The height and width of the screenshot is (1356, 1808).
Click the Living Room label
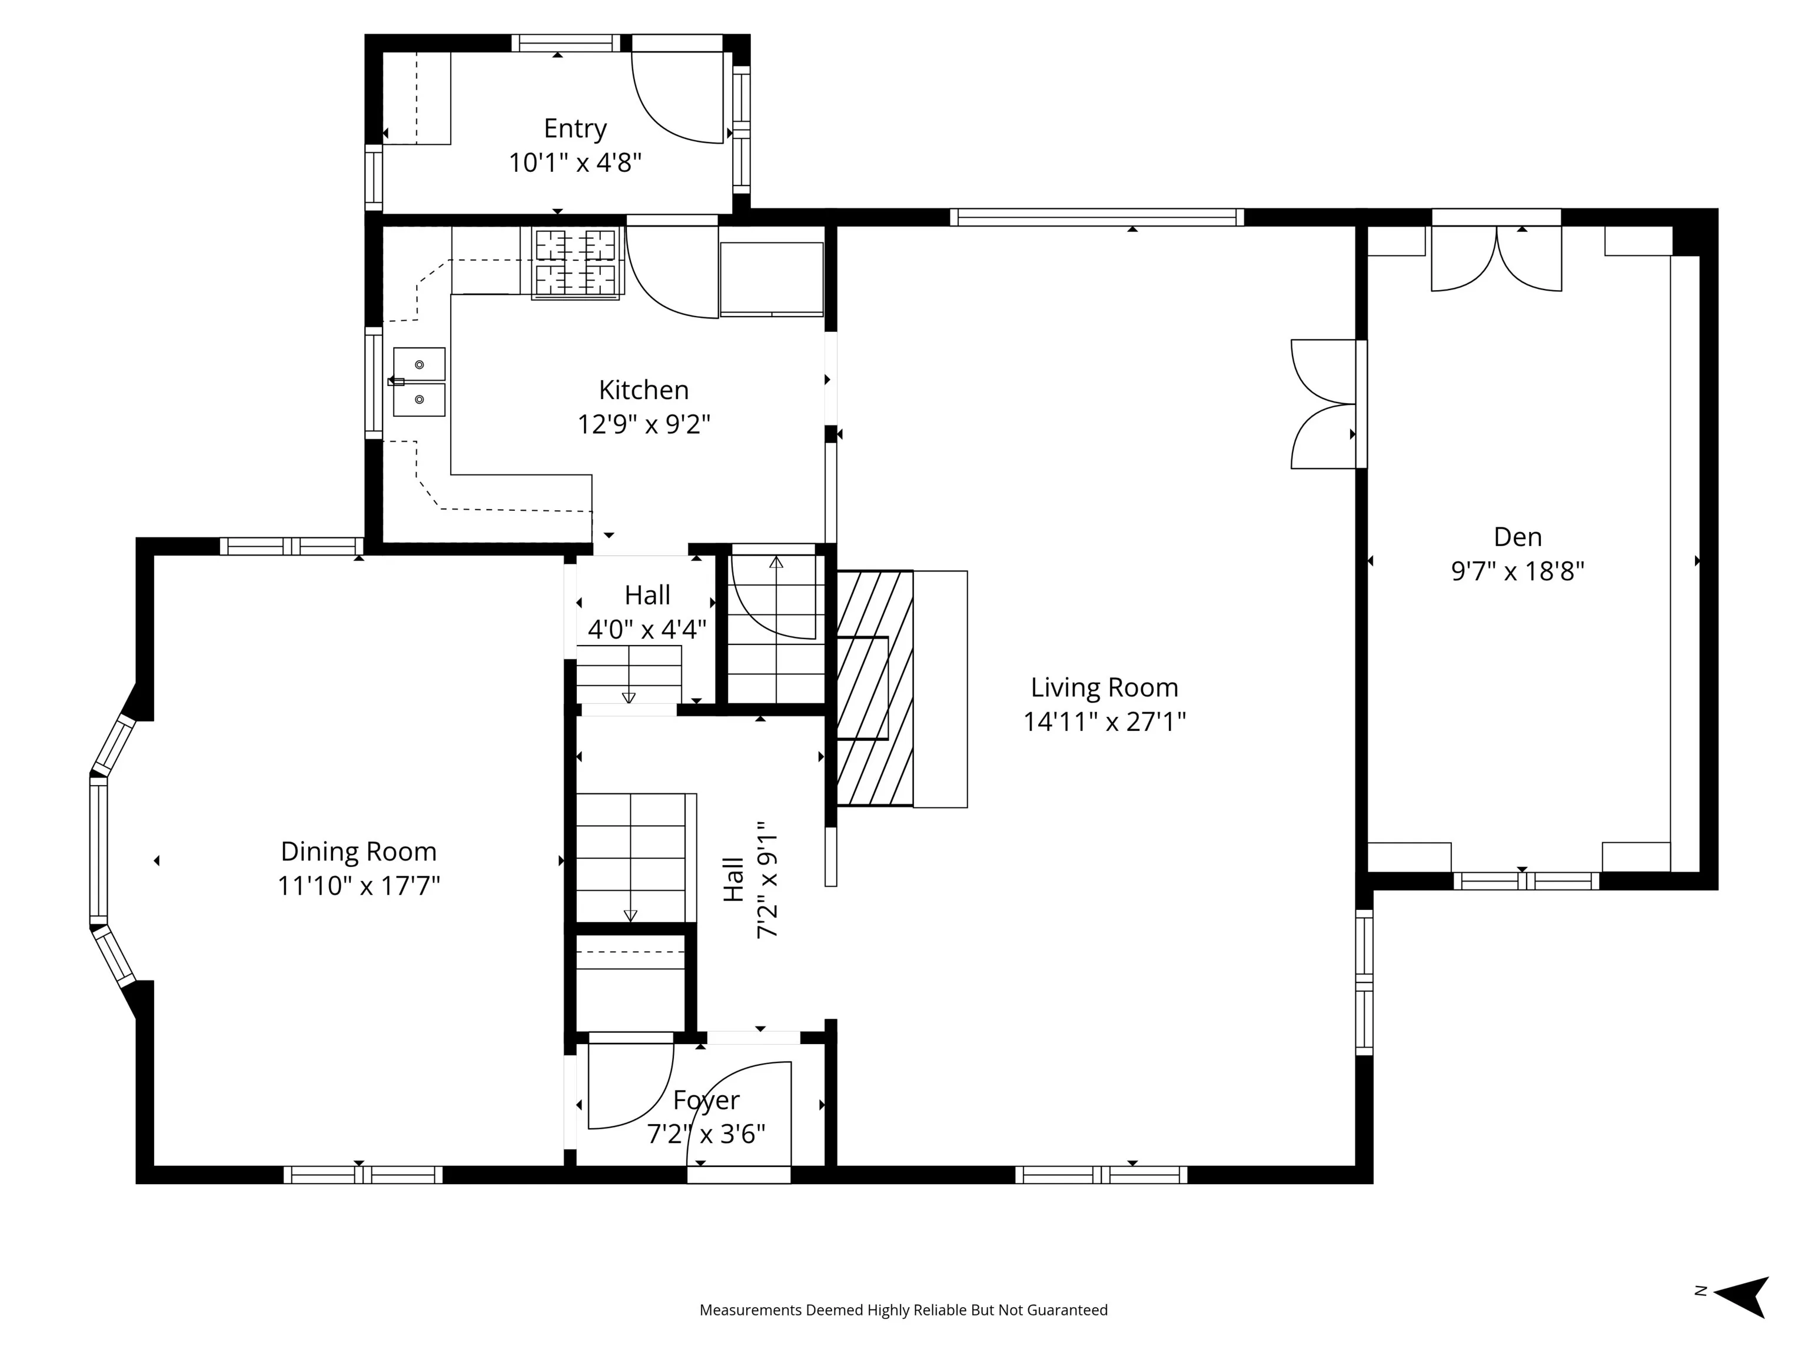(x=1104, y=687)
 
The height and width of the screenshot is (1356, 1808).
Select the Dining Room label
(x=359, y=852)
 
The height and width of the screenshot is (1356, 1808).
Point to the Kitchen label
(x=644, y=390)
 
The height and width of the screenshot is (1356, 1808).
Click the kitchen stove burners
(x=576, y=262)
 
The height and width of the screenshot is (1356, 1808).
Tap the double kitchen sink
(x=419, y=382)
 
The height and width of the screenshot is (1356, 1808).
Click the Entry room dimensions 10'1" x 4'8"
(x=576, y=162)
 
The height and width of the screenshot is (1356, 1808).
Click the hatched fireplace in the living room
(x=875, y=688)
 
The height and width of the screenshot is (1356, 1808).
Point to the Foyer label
(x=706, y=1100)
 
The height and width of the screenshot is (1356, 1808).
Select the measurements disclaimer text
(x=903, y=1310)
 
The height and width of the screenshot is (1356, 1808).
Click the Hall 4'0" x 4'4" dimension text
(x=647, y=629)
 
